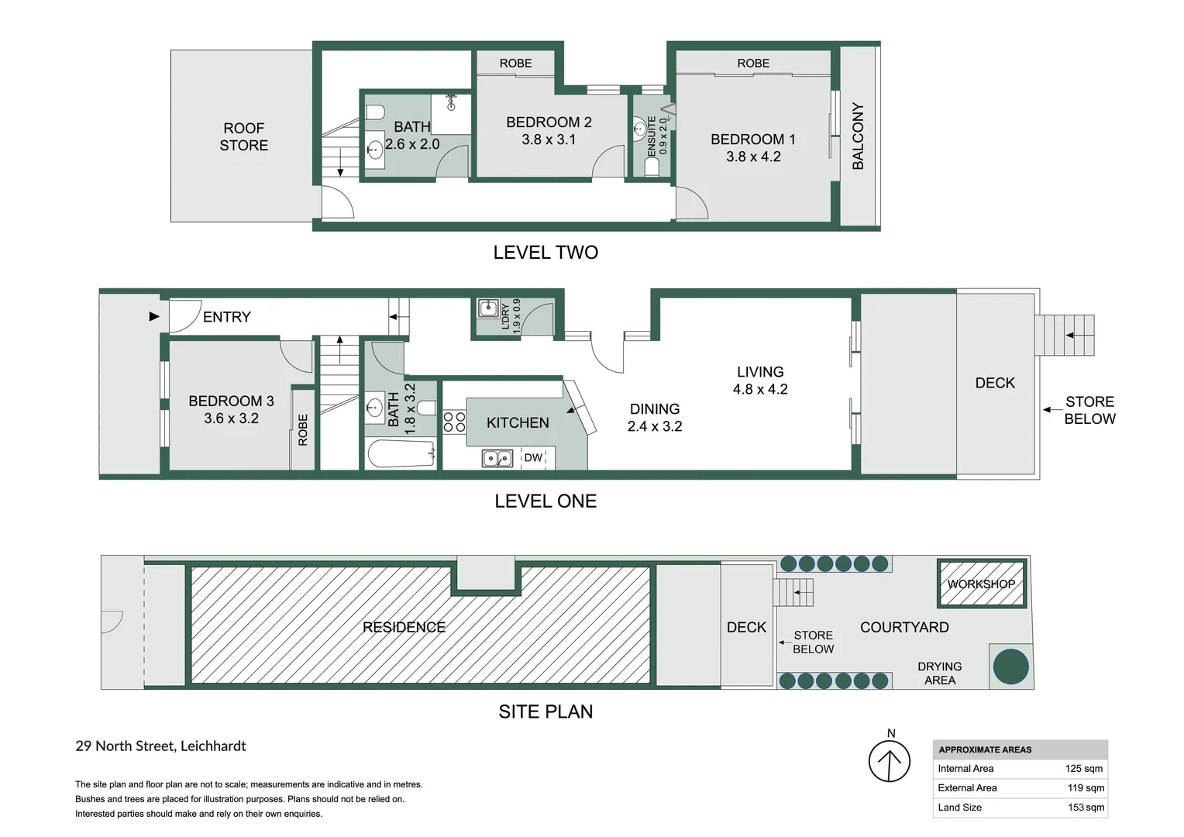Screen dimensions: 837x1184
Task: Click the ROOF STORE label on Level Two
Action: [x=244, y=136]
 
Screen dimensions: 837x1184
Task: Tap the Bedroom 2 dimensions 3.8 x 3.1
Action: [x=549, y=140]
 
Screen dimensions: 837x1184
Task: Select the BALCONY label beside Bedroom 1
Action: [x=858, y=136]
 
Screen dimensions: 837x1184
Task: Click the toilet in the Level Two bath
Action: [x=375, y=112]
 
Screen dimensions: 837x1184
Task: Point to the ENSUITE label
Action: [x=652, y=136]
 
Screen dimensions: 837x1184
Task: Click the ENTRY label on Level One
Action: [x=226, y=317]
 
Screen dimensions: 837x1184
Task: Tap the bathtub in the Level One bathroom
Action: [x=401, y=454]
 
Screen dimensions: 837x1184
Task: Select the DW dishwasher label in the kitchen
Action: [x=533, y=458]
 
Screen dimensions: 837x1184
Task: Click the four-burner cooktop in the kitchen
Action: [x=454, y=422]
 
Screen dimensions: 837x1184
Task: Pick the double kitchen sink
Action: [x=497, y=458]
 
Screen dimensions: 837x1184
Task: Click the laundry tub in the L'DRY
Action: [x=488, y=309]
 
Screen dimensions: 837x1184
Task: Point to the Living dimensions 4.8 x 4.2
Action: [x=760, y=390]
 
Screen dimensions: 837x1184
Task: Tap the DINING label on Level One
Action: [x=655, y=408]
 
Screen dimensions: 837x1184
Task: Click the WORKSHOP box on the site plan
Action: [x=981, y=584]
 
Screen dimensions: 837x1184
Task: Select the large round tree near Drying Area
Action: [x=1010, y=666]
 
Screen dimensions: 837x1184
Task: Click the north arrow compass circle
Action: [x=890, y=762]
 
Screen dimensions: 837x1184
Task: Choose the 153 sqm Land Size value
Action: [x=1086, y=808]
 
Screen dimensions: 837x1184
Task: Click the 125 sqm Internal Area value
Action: [x=1083, y=769]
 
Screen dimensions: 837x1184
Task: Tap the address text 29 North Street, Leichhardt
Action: [x=160, y=746]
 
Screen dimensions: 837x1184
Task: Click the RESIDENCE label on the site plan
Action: [x=404, y=627]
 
